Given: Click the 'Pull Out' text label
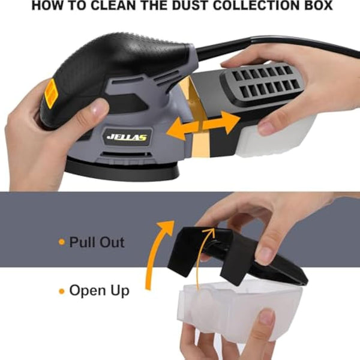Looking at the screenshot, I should [x=97, y=242].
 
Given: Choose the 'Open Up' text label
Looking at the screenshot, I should [x=99, y=290].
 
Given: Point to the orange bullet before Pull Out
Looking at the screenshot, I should [x=61, y=242].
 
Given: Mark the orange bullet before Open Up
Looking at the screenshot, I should [x=61, y=291].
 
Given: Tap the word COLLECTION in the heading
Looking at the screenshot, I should [x=256, y=6].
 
